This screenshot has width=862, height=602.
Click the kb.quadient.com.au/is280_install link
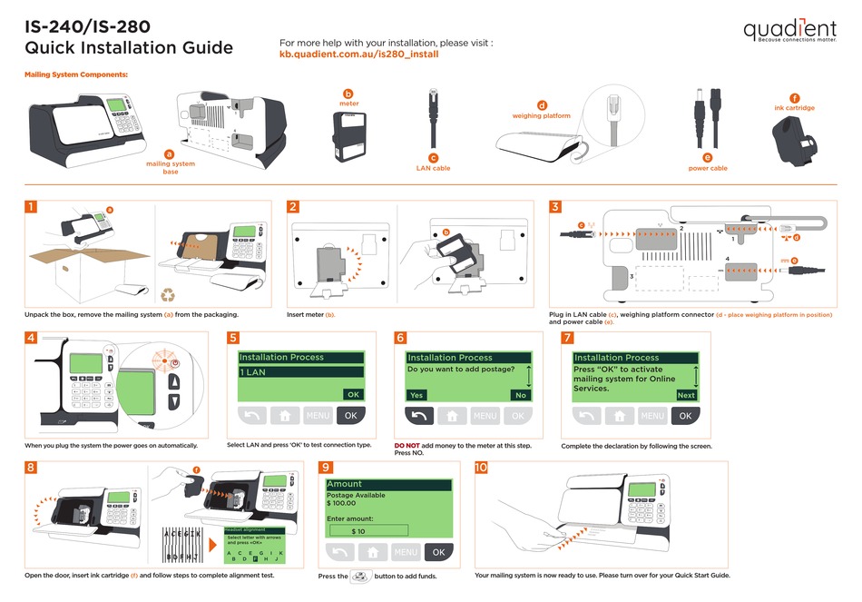pyautogui.click(x=358, y=54)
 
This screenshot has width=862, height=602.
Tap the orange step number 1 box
pyautogui.click(x=32, y=207)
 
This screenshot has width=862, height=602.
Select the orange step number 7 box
pyautogui.click(x=567, y=338)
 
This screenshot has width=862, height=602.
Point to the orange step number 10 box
pyautogui.click(x=481, y=468)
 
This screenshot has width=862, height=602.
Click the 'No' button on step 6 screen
pyautogui.click(x=520, y=395)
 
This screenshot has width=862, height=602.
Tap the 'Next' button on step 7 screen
pyautogui.click(x=686, y=395)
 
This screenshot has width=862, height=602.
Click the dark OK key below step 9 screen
pyautogui.click(x=438, y=552)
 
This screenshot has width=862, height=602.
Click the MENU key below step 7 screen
pyautogui.click(x=652, y=416)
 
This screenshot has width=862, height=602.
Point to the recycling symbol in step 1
pyautogui.click(x=169, y=294)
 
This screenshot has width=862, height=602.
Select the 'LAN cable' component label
pyautogui.click(x=433, y=168)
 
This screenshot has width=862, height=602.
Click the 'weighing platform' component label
pyautogui.click(x=541, y=115)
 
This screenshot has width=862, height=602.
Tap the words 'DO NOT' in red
pyautogui.click(x=407, y=446)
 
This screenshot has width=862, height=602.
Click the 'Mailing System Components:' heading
pyautogui.click(x=75, y=74)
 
